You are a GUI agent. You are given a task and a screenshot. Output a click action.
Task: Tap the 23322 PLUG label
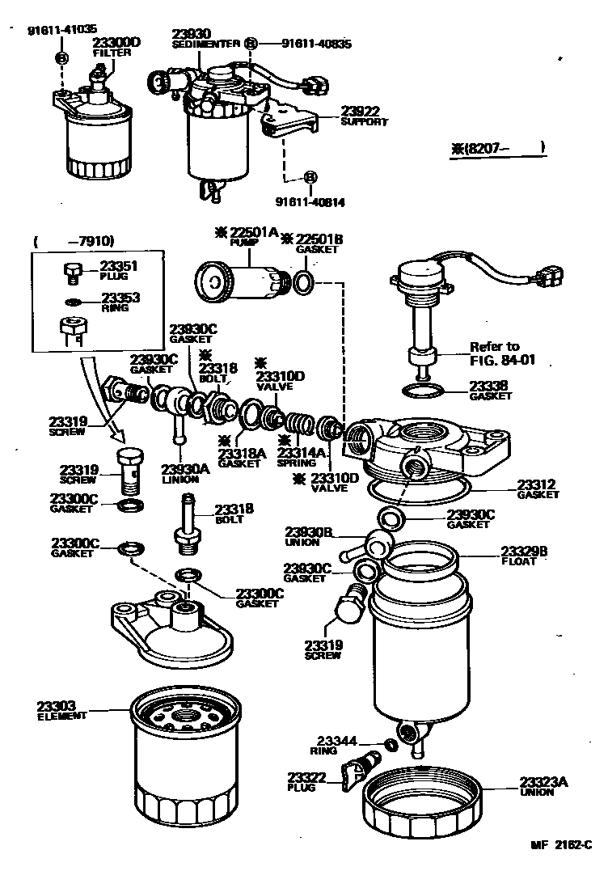305,781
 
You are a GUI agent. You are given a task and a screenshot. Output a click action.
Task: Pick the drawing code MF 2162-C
559,844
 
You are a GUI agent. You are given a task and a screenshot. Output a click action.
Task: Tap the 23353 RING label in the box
119,302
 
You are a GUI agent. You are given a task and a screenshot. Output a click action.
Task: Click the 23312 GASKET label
538,489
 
